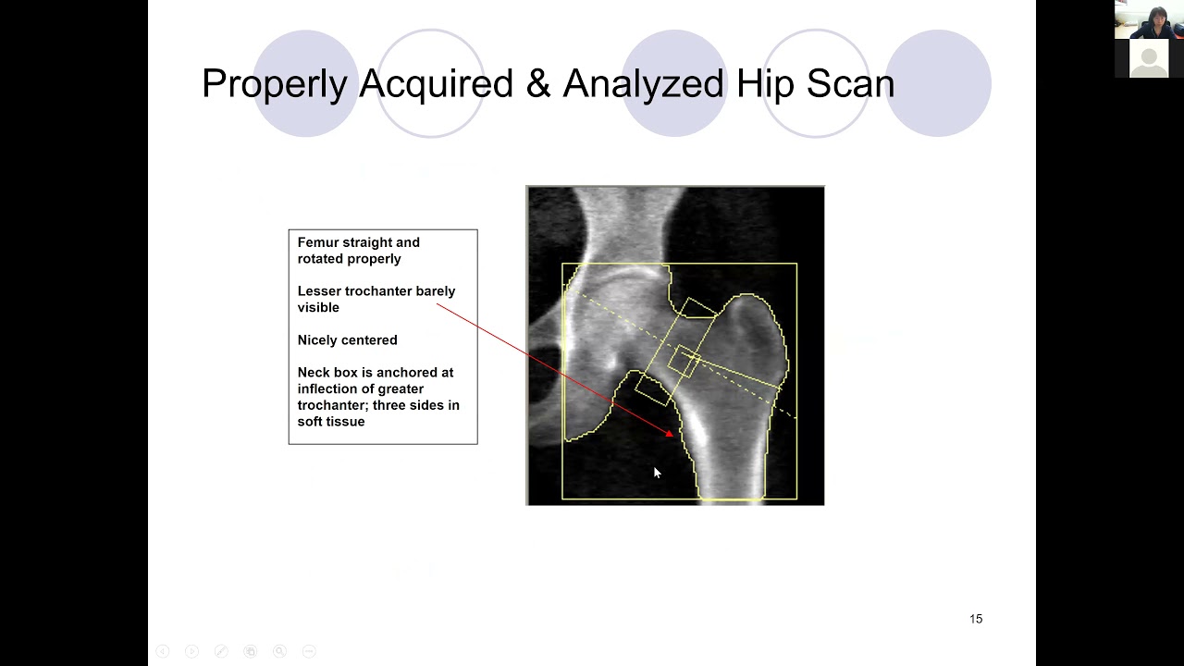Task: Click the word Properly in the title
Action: [x=274, y=84]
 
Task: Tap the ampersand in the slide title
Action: [x=537, y=84]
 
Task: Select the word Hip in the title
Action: [x=767, y=84]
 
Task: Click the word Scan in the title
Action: [x=850, y=84]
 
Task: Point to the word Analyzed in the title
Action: [x=644, y=84]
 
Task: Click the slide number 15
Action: [x=976, y=619]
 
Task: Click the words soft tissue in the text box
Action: [x=331, y=422]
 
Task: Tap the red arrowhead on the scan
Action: [x=669, y=432]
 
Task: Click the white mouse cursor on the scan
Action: [x=657, y=473]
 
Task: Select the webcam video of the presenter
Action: [x=1149, y=19]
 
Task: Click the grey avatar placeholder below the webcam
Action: [x=1149, y=58]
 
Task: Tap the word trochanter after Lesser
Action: [x=378, y=291]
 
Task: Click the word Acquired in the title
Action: [x=436, y=84]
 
